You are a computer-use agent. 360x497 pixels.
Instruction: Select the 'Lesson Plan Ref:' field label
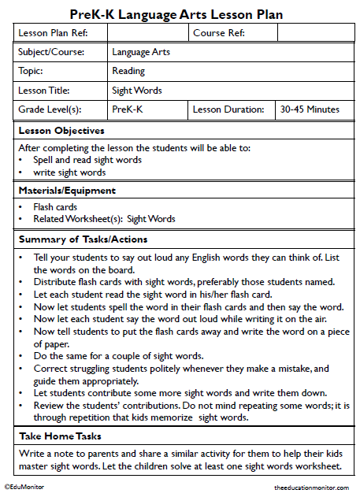tap(52, 33)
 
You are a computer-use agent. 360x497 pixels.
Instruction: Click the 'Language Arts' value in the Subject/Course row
tap(141, 53)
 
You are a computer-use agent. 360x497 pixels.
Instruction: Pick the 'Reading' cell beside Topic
tap(128, 71)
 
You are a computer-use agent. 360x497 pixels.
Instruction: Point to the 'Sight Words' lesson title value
tap(137, 91)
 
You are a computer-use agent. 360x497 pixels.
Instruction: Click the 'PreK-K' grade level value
tap(127, 109)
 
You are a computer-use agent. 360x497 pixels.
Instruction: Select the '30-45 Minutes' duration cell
tap(310, 109)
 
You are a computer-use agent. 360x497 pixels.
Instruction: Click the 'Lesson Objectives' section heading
tap(61, 130)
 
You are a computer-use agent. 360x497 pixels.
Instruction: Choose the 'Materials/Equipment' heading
tap(67, 190)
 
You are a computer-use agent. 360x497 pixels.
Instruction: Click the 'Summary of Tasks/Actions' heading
tap(83, 239)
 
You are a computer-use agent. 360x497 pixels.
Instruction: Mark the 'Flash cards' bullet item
tap(54, 207)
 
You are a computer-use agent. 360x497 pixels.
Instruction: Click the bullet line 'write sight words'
tap(69, 172)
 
